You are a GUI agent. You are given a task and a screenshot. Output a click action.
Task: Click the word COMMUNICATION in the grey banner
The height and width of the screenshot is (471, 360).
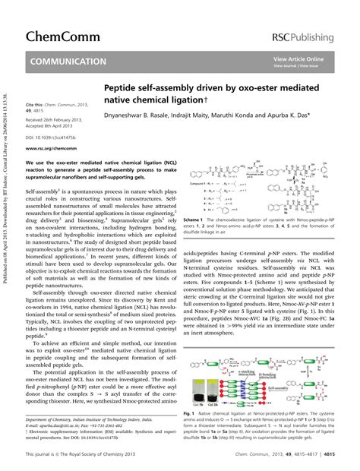coord(69,62)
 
